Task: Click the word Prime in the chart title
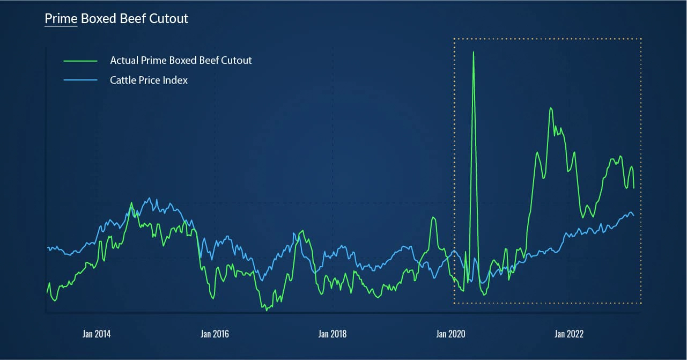click(x=61, y=19)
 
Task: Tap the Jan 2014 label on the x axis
click(x=97, y=334)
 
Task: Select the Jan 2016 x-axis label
click(x=215, y=334)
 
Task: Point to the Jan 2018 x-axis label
click(x=333, y=334)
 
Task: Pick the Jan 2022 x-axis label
click(x=568, y=334)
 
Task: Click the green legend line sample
click(x=80, y=61)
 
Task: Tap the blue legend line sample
click(x=80, y=80)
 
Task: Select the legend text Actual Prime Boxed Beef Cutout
click(x=181, y=60)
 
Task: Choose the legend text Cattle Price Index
click(x=149, y=80)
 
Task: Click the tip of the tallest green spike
click(x=474, y=52)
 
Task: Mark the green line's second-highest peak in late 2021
click(x=550, y=108)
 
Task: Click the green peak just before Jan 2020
click(x=433, y=217)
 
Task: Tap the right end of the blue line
click(x=634, y=216)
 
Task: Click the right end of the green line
click(x=634, y=188)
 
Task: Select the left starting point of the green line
click(x=47, y=293)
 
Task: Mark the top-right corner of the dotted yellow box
click(x=641, y=39)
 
